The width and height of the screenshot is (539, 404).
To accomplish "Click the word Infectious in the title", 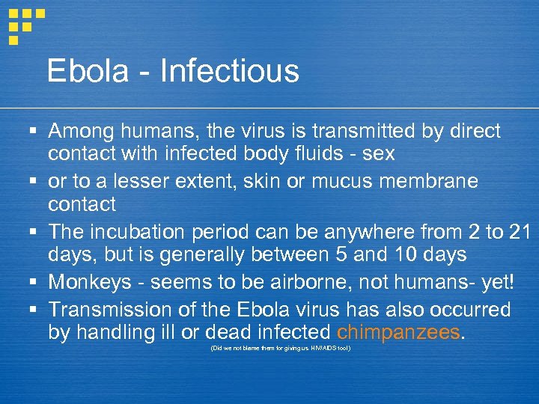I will point(230,72).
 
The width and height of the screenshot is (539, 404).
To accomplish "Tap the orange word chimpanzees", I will point(398,331).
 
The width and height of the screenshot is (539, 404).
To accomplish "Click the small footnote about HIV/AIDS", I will point(280,349).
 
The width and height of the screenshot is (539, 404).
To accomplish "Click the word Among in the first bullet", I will point(81,132).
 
